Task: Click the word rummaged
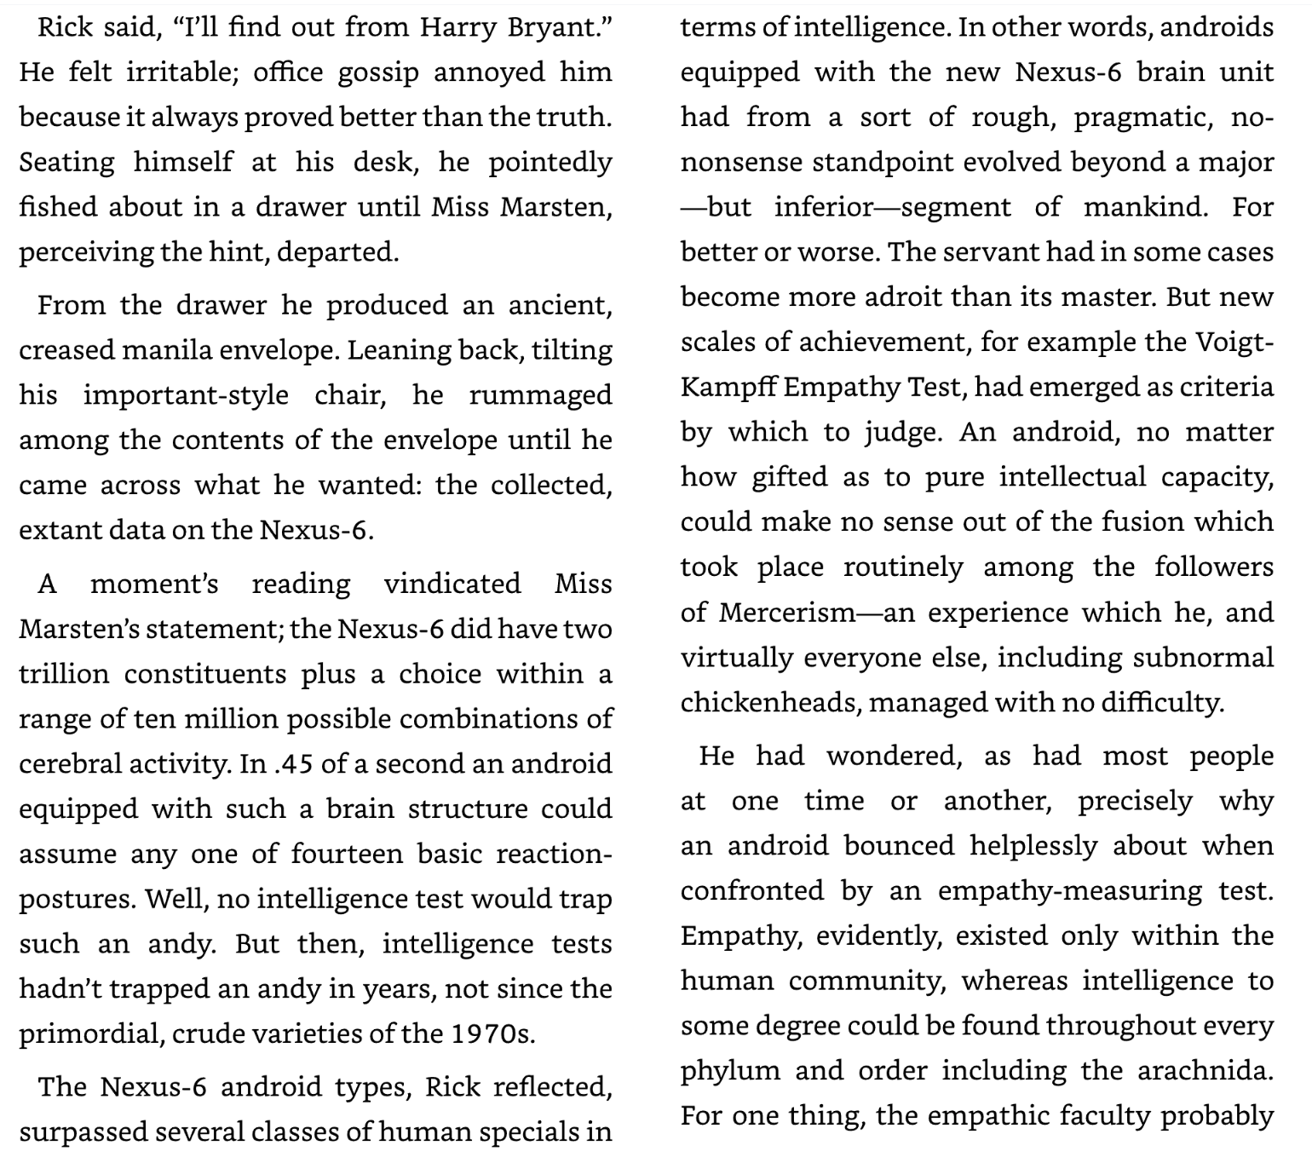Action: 540,395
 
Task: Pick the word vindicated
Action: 452,584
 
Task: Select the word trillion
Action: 64,674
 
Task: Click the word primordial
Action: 90,1034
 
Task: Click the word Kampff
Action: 728,388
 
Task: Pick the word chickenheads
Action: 766,703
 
